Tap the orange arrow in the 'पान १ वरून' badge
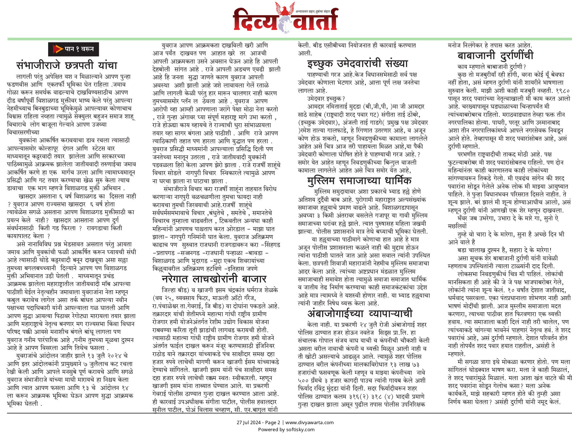point(58,49)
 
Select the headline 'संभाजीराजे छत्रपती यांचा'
point(67,65)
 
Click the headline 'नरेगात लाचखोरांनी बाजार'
point(214,279)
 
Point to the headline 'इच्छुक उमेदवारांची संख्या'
point(357,64)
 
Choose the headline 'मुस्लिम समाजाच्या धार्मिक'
point(359,181)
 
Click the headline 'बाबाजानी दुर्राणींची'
point(495,55)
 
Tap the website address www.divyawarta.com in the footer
point(309,422)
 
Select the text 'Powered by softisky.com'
point(286,430)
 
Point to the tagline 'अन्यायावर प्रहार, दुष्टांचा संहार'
point(312,12)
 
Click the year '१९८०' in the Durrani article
point(562,91)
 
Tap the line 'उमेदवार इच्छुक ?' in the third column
point(326,99)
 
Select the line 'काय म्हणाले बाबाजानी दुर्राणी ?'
point(491,67)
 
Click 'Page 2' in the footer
point(272,422)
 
